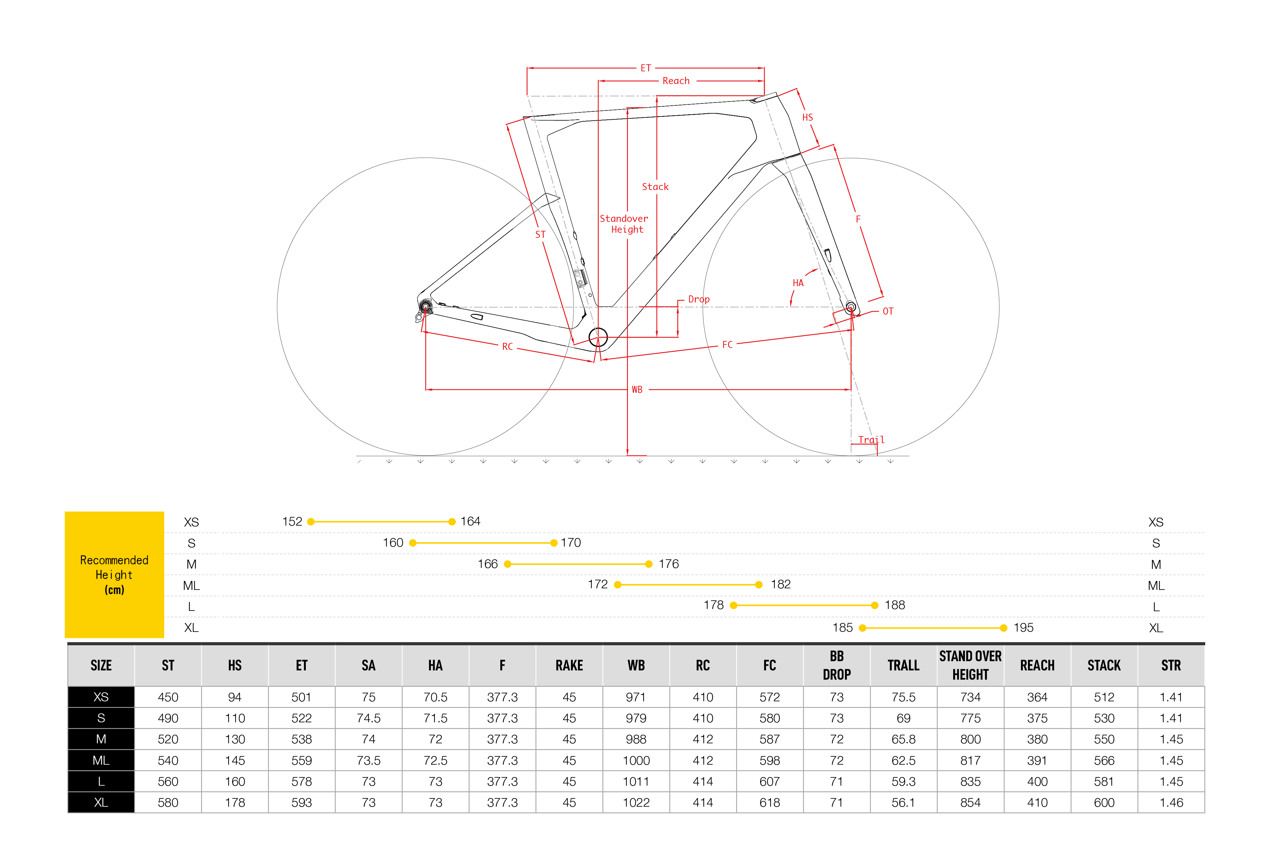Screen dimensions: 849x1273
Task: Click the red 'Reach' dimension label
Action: (x=676, y=81)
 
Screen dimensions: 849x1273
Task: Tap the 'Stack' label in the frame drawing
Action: (x=655, y=187)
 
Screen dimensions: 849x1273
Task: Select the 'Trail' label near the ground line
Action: (x=871, y=440)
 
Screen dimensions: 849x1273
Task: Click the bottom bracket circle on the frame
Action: (x=598, y=337)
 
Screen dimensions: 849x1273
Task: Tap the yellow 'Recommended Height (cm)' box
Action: (x=114, y=575)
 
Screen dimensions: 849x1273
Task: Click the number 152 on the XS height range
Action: (x=292, y=521)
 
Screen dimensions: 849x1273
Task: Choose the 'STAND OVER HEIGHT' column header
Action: (x=970, y=665)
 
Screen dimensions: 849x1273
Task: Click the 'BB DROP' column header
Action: (x=837, y=665)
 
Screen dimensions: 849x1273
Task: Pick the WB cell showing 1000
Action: (x=636, y=760)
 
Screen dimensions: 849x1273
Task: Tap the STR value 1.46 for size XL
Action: (x=1171, y=803)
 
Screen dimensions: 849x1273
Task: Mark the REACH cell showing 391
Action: (x=1037, y=760)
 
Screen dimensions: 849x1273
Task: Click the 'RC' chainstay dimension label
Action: (x=507, y=347)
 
